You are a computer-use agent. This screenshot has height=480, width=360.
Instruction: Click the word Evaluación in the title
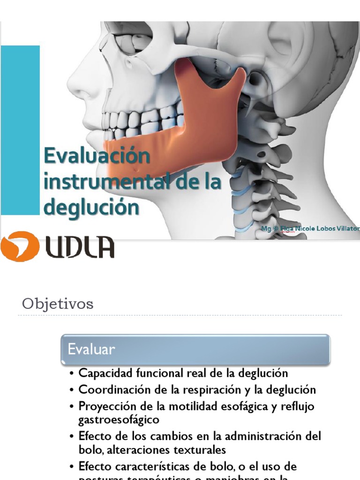coord(97,155)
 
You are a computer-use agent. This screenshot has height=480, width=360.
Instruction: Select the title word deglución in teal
coord(91,207)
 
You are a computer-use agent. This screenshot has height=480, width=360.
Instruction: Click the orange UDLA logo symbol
coord(19,246)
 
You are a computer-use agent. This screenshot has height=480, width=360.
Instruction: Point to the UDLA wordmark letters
coord(80,247)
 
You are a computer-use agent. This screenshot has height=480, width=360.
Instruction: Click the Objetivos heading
coord(58,304)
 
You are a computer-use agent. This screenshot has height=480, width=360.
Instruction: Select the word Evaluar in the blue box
coord(91,349)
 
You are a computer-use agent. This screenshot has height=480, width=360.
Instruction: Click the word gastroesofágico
coord(119,419)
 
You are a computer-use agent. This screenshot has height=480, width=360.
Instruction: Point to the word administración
coord(267,436)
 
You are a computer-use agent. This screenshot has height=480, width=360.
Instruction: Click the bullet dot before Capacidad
coord(72,374)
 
